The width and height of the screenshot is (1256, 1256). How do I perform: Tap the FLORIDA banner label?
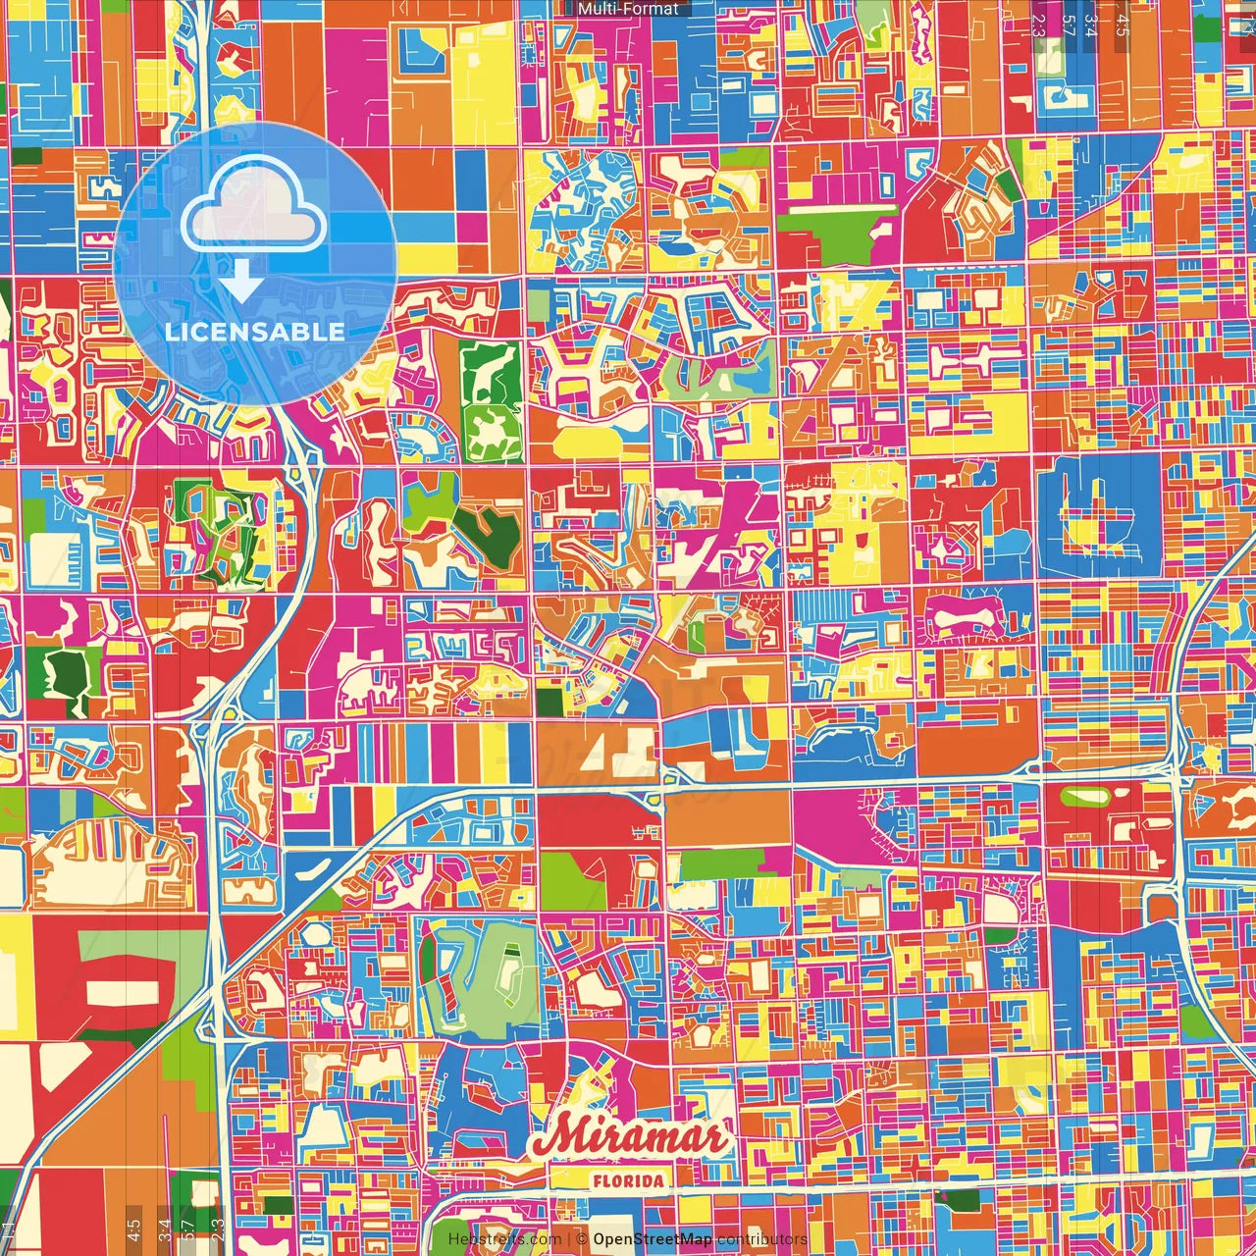click(x=628, y=1180)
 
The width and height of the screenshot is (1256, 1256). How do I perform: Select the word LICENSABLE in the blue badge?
click(x=254, y=332)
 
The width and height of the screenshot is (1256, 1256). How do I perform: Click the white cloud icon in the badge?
click(x=254, y=208)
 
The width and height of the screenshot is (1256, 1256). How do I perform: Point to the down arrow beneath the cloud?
click(x=239, y=281)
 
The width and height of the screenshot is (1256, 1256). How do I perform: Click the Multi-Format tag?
click(x=628, y=9)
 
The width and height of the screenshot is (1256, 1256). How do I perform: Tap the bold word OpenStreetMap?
click(x=653, y=1239)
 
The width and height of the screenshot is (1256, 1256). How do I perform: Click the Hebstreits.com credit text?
click(x=504, y=1239)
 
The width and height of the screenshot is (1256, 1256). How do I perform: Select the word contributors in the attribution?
click(x=761, y=1239)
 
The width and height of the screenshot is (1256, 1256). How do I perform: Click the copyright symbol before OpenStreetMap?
click(x=582, y=1239)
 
